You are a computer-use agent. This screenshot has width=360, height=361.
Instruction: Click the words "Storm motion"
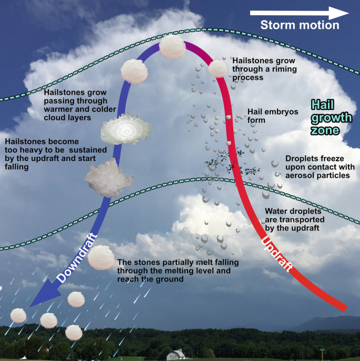coord(300,25)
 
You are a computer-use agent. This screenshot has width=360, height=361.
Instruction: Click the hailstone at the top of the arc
coord(172,47)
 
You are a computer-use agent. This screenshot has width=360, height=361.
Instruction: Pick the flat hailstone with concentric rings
coord(126,129)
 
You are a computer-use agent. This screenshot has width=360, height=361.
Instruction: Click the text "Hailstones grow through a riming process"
coord(262,68)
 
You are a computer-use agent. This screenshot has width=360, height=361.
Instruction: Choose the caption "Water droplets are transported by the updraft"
coord(294,218)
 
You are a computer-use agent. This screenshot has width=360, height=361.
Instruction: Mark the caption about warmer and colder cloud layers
coord(76,100)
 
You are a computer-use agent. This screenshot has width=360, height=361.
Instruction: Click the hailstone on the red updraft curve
coord(217,68)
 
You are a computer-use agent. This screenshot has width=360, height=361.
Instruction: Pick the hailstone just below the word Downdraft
coord(100,256)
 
